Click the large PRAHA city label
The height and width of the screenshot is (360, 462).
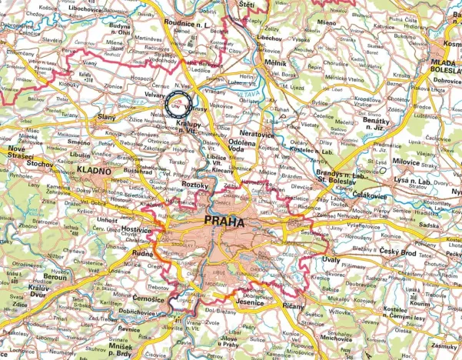[224, 222]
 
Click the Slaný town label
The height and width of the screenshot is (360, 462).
[107, 117]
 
